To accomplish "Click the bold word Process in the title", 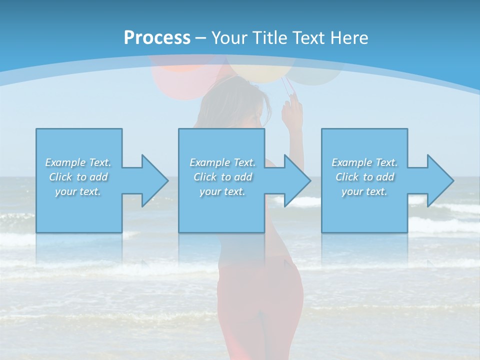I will pyautogui.click(x=157, y=38).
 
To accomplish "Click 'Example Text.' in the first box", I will pyautogui.click(x=78, y=162).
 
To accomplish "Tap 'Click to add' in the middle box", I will pyautogui.click(x=222, y=177).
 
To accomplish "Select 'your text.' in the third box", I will pyautogui.click(x=364, y=191).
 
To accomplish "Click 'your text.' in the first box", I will pyautogui.click(x=78, y=191).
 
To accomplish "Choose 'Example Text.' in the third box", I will pyautogui.click(x=364, y=162).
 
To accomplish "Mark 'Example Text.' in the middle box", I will pyautogui.click(x=222, y=162).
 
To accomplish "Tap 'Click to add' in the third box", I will pyautogui.click(x=364, y=177).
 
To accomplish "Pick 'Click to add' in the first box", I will pyautogui.click(x=78, y=177).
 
